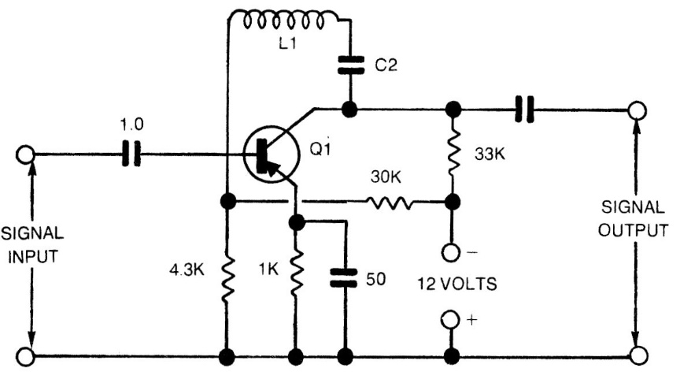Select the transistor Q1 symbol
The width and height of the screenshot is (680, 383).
265,154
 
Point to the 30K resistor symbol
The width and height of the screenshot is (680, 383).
392,203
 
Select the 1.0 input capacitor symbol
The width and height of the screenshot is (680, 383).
131,154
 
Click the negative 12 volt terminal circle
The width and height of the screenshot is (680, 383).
452,253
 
